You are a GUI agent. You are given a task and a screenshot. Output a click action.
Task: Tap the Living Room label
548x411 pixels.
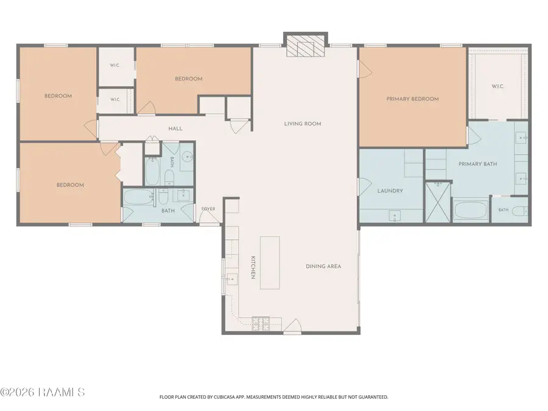click(303, 124)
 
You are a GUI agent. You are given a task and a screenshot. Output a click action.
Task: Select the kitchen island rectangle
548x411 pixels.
click(270, 263)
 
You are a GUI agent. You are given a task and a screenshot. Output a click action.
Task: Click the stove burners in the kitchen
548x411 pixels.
click(261, 324)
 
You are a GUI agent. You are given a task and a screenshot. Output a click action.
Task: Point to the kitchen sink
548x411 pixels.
click(231, 279)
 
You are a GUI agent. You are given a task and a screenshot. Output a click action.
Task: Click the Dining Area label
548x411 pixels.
click(323, 266)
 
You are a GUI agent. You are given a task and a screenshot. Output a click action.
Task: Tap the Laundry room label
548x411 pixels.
click(390, 191)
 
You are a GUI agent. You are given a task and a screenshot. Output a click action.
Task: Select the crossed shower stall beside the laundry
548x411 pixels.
click(438, 202)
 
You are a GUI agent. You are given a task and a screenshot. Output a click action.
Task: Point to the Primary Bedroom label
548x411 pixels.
click(412, 99)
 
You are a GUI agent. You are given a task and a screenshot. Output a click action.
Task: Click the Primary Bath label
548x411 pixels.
click(477, 164)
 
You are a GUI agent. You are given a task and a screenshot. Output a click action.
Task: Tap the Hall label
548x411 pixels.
click(175, 128)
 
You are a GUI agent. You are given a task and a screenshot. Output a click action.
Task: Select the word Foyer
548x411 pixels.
click(208, 209)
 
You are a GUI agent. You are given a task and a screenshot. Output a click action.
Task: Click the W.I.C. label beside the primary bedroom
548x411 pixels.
click(497, 86)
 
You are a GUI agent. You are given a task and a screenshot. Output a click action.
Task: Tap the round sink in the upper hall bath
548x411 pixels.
click(188, 157)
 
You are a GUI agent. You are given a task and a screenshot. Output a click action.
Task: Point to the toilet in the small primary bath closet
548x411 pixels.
click(522, 211)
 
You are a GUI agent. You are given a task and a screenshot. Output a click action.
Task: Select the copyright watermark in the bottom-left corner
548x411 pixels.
click(42, 392)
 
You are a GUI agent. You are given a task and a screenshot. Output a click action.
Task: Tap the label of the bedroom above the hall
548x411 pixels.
click(189, 79)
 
